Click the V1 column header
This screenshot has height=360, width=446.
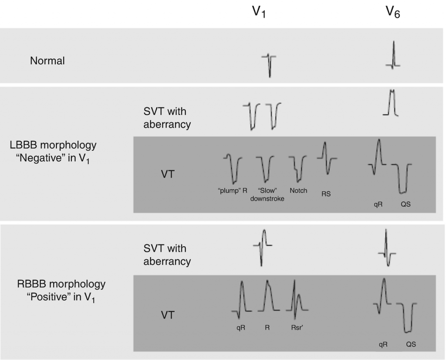pos(260,13)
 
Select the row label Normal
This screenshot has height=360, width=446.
pos(47,61)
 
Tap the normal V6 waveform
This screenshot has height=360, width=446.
pos(393,56)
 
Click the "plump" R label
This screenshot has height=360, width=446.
pos(233,190)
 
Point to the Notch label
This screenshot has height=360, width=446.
pos(298,190)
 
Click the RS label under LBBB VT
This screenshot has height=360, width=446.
pos(326,194)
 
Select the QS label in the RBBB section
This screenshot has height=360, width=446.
pos(411,344)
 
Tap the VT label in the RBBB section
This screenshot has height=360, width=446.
pos(168,314)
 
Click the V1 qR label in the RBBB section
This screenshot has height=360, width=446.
pos(240,328)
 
